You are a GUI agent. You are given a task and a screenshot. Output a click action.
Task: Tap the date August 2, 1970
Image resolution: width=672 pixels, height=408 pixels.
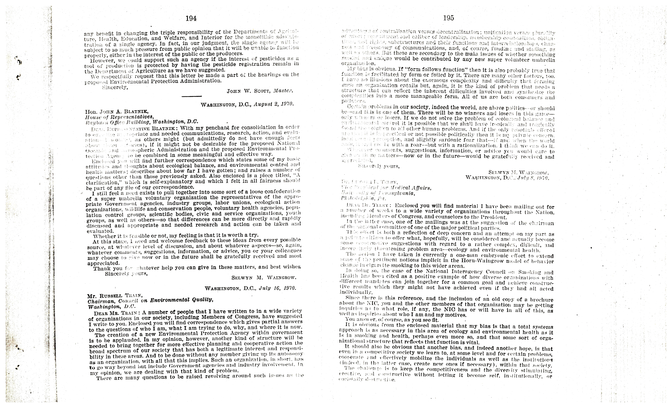(273, 104)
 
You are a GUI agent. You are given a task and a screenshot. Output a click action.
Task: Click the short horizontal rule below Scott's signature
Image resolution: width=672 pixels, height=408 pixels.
(192, 96)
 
